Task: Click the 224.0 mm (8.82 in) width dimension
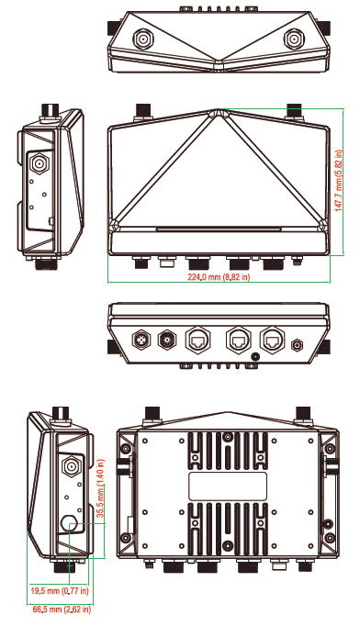[x=219, y=277]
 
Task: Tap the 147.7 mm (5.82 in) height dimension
[x=339, y=181]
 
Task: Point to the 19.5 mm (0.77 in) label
[x=60, y=590]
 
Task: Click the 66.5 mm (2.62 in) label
[x=62, y=609]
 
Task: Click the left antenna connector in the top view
[x=141, y=39]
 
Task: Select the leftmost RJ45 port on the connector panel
[x=197, y=341]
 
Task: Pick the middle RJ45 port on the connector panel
[x=239, y=341]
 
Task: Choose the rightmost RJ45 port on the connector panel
[x=273, y=341]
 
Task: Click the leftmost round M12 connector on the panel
[x=141, y=341]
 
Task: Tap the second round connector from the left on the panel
[x=166, y=341]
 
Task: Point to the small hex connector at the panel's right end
[x=297, y=343]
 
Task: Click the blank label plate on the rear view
[x=228, y=486]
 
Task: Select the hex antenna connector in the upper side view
[x=39, y=163]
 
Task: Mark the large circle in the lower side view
[x=69, y=522]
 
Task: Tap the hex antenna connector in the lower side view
[x=71, y=466]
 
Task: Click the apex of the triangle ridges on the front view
[x=219, y=110]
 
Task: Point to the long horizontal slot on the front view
[x=219, y=229]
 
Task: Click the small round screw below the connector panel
[x=254, y=356]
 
